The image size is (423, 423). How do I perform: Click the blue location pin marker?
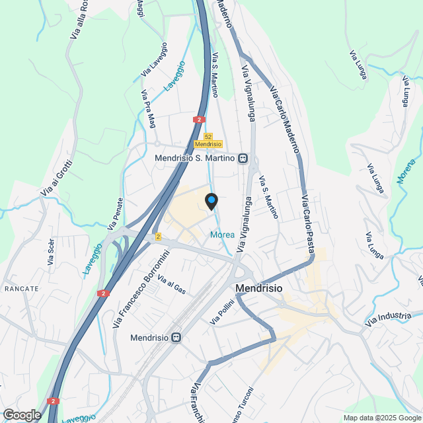[211, 200]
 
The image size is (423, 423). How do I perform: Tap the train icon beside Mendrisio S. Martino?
[243, 158]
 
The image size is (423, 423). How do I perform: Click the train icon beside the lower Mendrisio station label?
[176, 337]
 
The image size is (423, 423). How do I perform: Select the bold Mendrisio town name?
[259, 289]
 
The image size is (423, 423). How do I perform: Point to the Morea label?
[221, 235]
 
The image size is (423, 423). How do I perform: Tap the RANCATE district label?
[22, 289]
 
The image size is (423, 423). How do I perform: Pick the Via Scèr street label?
[51, 252]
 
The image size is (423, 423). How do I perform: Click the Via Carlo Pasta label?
[307, 223]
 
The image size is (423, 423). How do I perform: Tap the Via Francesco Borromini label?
[141, 289]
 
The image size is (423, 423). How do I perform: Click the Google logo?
[22, 414]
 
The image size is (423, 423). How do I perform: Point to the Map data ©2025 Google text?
[381, 418]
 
